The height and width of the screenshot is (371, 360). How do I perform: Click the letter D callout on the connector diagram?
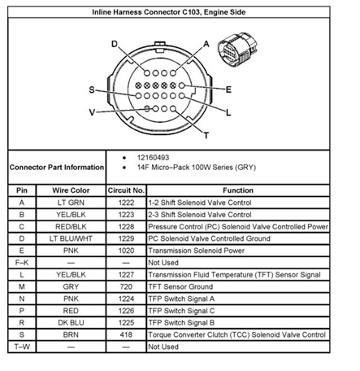click(115, 44)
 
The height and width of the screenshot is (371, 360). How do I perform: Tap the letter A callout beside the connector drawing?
click(206, 44)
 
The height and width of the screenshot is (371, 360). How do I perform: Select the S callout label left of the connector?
click(92, 89)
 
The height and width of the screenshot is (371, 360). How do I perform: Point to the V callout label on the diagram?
click(92, 112)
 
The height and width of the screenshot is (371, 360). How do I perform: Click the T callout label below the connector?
click(206, 135)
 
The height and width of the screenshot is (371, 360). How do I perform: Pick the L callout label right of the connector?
click(228, 112)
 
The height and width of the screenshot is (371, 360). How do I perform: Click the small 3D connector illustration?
click(237, 50)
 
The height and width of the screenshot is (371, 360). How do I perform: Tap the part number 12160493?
click(153, 158)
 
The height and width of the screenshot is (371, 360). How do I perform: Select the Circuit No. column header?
click(126, 190)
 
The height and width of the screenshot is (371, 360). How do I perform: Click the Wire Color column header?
click(71, 190)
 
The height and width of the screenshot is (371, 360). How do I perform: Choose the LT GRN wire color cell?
click(71, 203)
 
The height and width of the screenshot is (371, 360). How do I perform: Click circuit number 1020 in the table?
click(126, 251)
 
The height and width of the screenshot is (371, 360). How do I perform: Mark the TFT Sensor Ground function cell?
click(180, 286)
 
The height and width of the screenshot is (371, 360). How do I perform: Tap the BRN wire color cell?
click(71, 334)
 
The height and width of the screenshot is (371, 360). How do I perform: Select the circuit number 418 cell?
click(126, 334)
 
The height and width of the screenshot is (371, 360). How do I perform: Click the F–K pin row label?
click(22, 263)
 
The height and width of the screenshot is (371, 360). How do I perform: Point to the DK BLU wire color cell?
click(71, 323)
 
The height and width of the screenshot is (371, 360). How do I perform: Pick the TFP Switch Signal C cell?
click(181, 311)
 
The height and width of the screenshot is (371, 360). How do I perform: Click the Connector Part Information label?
click(57, 168)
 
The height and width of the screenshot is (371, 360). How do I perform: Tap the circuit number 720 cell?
click(126, 286)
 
